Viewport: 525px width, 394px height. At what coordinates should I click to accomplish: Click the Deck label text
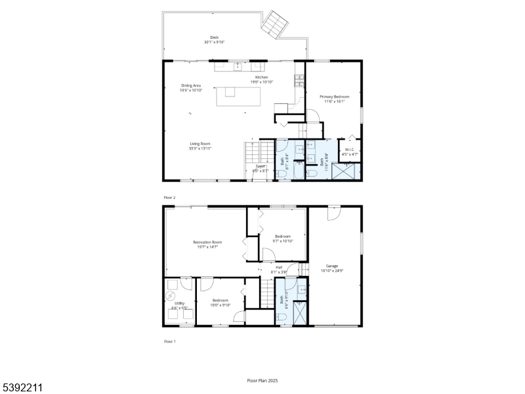pyautogui.click(x=214, y=37)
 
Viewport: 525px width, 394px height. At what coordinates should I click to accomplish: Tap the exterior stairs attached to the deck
pyautogui.click(x=275, y=26)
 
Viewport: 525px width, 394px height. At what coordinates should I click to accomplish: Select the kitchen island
pyautogui.click(x=238, y=96)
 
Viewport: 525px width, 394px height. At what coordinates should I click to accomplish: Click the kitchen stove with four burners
pyautogui.click(x=299, y=80)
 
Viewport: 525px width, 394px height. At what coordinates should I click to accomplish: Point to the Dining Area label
pyautogui.click(x=191, y=85)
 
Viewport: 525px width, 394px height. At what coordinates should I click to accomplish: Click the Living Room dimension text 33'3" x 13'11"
pyautogui.click(x=200, y=148)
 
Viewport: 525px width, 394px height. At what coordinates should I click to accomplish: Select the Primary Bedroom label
pyautogui.click(x=334, y=97)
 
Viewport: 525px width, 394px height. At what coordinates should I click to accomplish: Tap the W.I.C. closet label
pyautogui.click(x=350, y=149)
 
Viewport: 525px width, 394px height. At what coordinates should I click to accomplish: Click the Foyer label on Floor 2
pyautogui.click(x=261, y=166)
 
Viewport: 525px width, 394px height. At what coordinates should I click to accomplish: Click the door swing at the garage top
pyautogui.click(x=334, y=214)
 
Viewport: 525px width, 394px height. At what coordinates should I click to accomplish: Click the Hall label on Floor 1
pyautogui.click(x=279, y=267)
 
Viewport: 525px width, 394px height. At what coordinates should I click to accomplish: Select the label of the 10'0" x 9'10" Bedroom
pyautogui.click(x=219, y=301)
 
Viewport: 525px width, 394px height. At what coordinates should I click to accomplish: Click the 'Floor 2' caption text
pyautogui.click(x=170, y=197)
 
